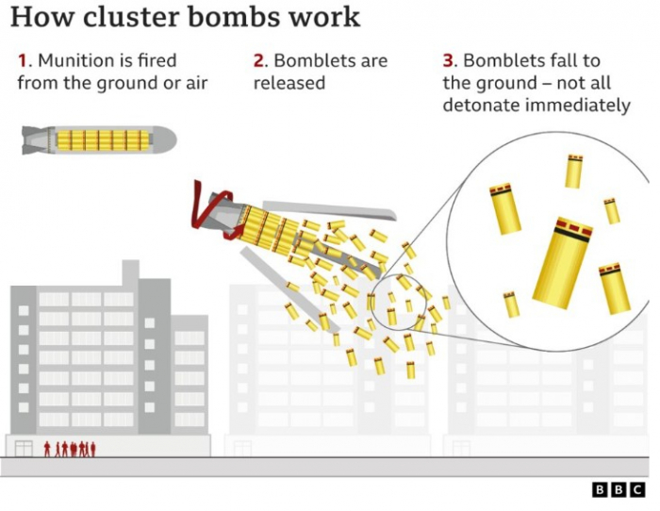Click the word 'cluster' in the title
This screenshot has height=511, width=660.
point(133,17)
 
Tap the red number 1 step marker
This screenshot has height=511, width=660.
point(23,60)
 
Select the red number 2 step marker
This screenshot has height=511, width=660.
point(258,60)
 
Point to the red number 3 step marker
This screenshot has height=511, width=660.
point(448,60)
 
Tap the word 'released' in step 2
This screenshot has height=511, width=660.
point(289,83)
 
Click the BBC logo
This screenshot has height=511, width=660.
point(619,490)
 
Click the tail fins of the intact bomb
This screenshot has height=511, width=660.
point(35,140)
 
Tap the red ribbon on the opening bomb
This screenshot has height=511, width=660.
point(212,211)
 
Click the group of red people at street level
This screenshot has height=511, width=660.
point(70,449)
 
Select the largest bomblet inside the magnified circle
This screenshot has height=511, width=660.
point(562,263)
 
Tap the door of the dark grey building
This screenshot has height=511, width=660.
point(24,449)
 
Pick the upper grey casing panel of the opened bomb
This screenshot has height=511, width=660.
point(330,210)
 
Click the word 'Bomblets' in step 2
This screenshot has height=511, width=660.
point(317,60)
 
